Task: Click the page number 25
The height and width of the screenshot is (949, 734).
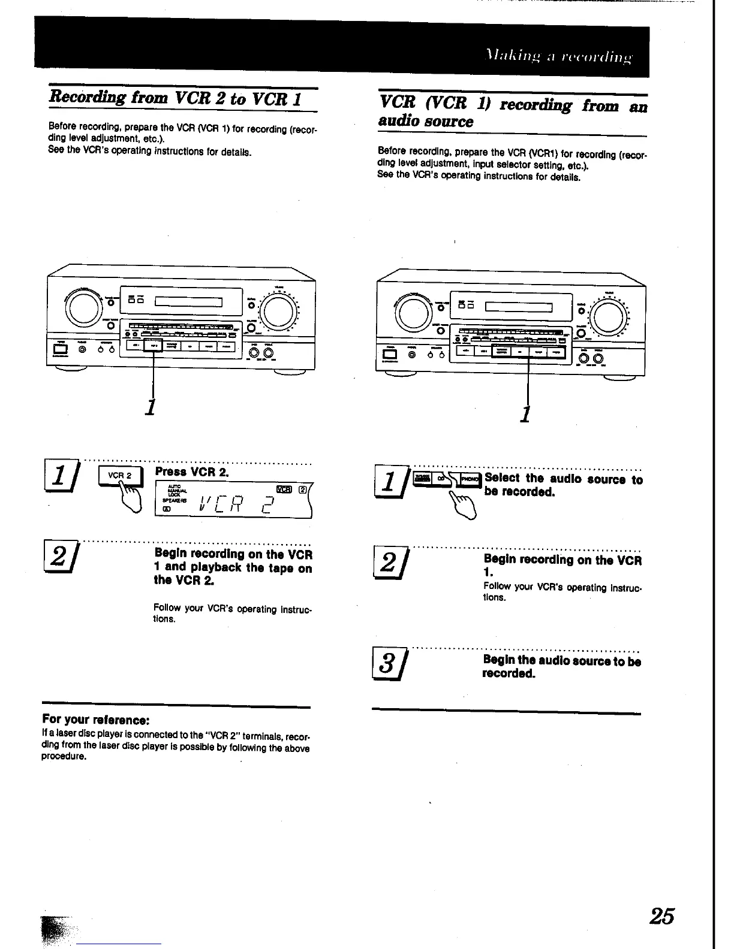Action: (x=661, y=916)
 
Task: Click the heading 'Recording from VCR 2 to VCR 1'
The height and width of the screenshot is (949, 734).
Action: (x=175, y=97)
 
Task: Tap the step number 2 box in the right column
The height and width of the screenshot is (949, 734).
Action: (x=389, y=564)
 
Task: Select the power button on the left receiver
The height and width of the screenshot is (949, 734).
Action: (x=60, y=349)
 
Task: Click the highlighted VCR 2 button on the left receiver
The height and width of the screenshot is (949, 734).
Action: (x=154, y=346)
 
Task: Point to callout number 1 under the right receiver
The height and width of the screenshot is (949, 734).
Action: (x=526, y=413)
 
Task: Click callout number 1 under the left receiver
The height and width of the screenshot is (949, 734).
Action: (x=152, y=406)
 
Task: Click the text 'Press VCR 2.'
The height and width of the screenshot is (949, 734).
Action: (x=192, y=472)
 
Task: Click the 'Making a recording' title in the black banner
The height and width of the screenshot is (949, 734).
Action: (x=558, y=58)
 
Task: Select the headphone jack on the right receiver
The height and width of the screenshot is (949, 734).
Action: (x=411, y=354)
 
